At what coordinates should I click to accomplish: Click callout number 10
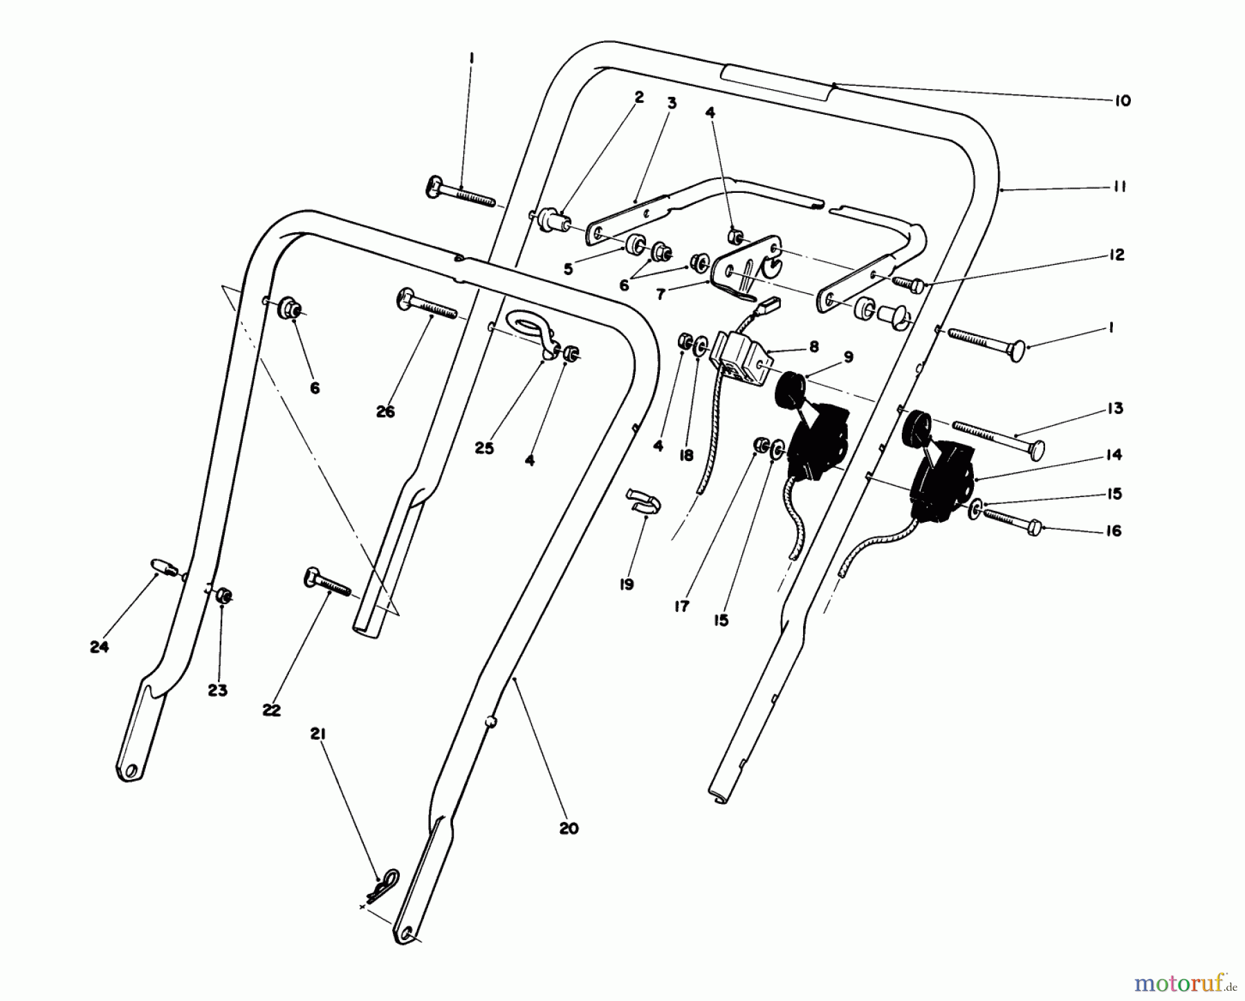coord(1122,101)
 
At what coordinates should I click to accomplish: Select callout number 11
coord(1120,187)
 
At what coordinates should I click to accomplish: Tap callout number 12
coord(1115,254)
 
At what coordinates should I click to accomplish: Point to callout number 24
coord(100,647)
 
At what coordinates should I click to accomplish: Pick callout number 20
coord(569,828)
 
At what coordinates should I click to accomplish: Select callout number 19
coord(626,585)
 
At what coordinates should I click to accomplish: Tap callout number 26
coord(385,411)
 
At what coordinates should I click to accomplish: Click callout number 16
coord(1114,531)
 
